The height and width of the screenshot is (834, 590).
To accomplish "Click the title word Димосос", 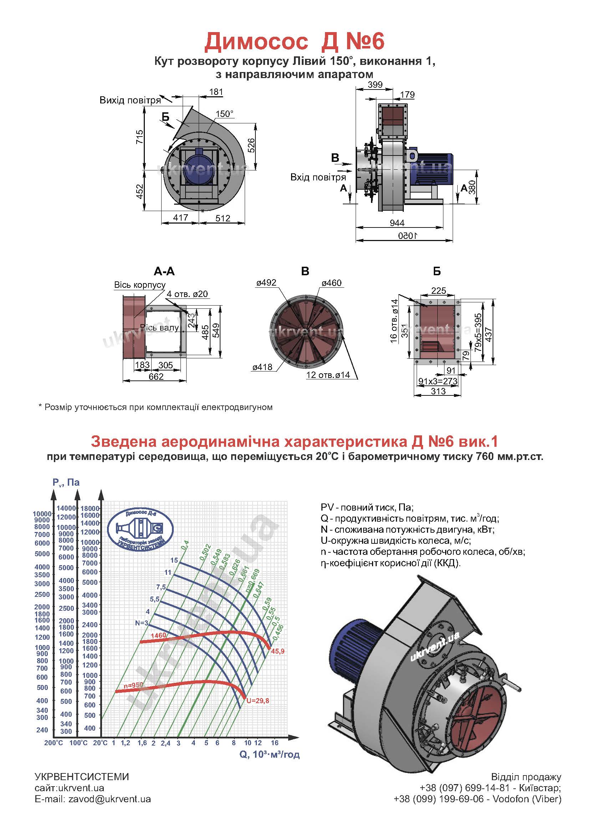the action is pyautogui.click(x=256, y=42).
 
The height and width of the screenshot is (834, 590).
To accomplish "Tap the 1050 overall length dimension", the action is pyautogui.click(x=408, y=236).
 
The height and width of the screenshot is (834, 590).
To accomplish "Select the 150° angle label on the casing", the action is pyautogui.click(x=224, y=114).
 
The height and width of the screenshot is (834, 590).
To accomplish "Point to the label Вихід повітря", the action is pyautogui.click(x=130, y=100).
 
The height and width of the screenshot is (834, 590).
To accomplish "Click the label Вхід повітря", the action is pyautogui.click(x=318, y=177).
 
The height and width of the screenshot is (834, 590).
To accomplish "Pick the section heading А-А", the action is pyautogui.click(x=164, y=271).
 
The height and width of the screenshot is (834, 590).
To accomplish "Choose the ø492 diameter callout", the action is pyautogui.click(x=266, y=283).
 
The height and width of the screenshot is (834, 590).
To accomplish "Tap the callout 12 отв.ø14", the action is pyautogui.click(x=328, y=375).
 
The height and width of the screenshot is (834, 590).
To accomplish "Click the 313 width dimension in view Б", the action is pyautogui.click(x=438, y=391).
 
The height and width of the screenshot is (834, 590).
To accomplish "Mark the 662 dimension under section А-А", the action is pyautogui.click(x=156, y=377).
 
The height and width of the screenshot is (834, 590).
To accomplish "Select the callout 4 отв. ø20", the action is pyautogui.click(x=188, y=294).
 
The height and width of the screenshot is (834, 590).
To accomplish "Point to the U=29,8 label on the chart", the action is pyautogui.click(x=258, y=701).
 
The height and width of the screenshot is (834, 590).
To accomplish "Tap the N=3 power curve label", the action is pyautogui.click(x=141, y=623).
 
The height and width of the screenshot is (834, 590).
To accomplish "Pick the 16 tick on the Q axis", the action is pyautogui.click(x=275, y=742).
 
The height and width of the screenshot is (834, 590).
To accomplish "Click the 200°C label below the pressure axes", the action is pyautogui.click(x=54, y=743).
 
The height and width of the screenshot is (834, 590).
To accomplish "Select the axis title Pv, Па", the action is pyautogui.click(x=66, y=482).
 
